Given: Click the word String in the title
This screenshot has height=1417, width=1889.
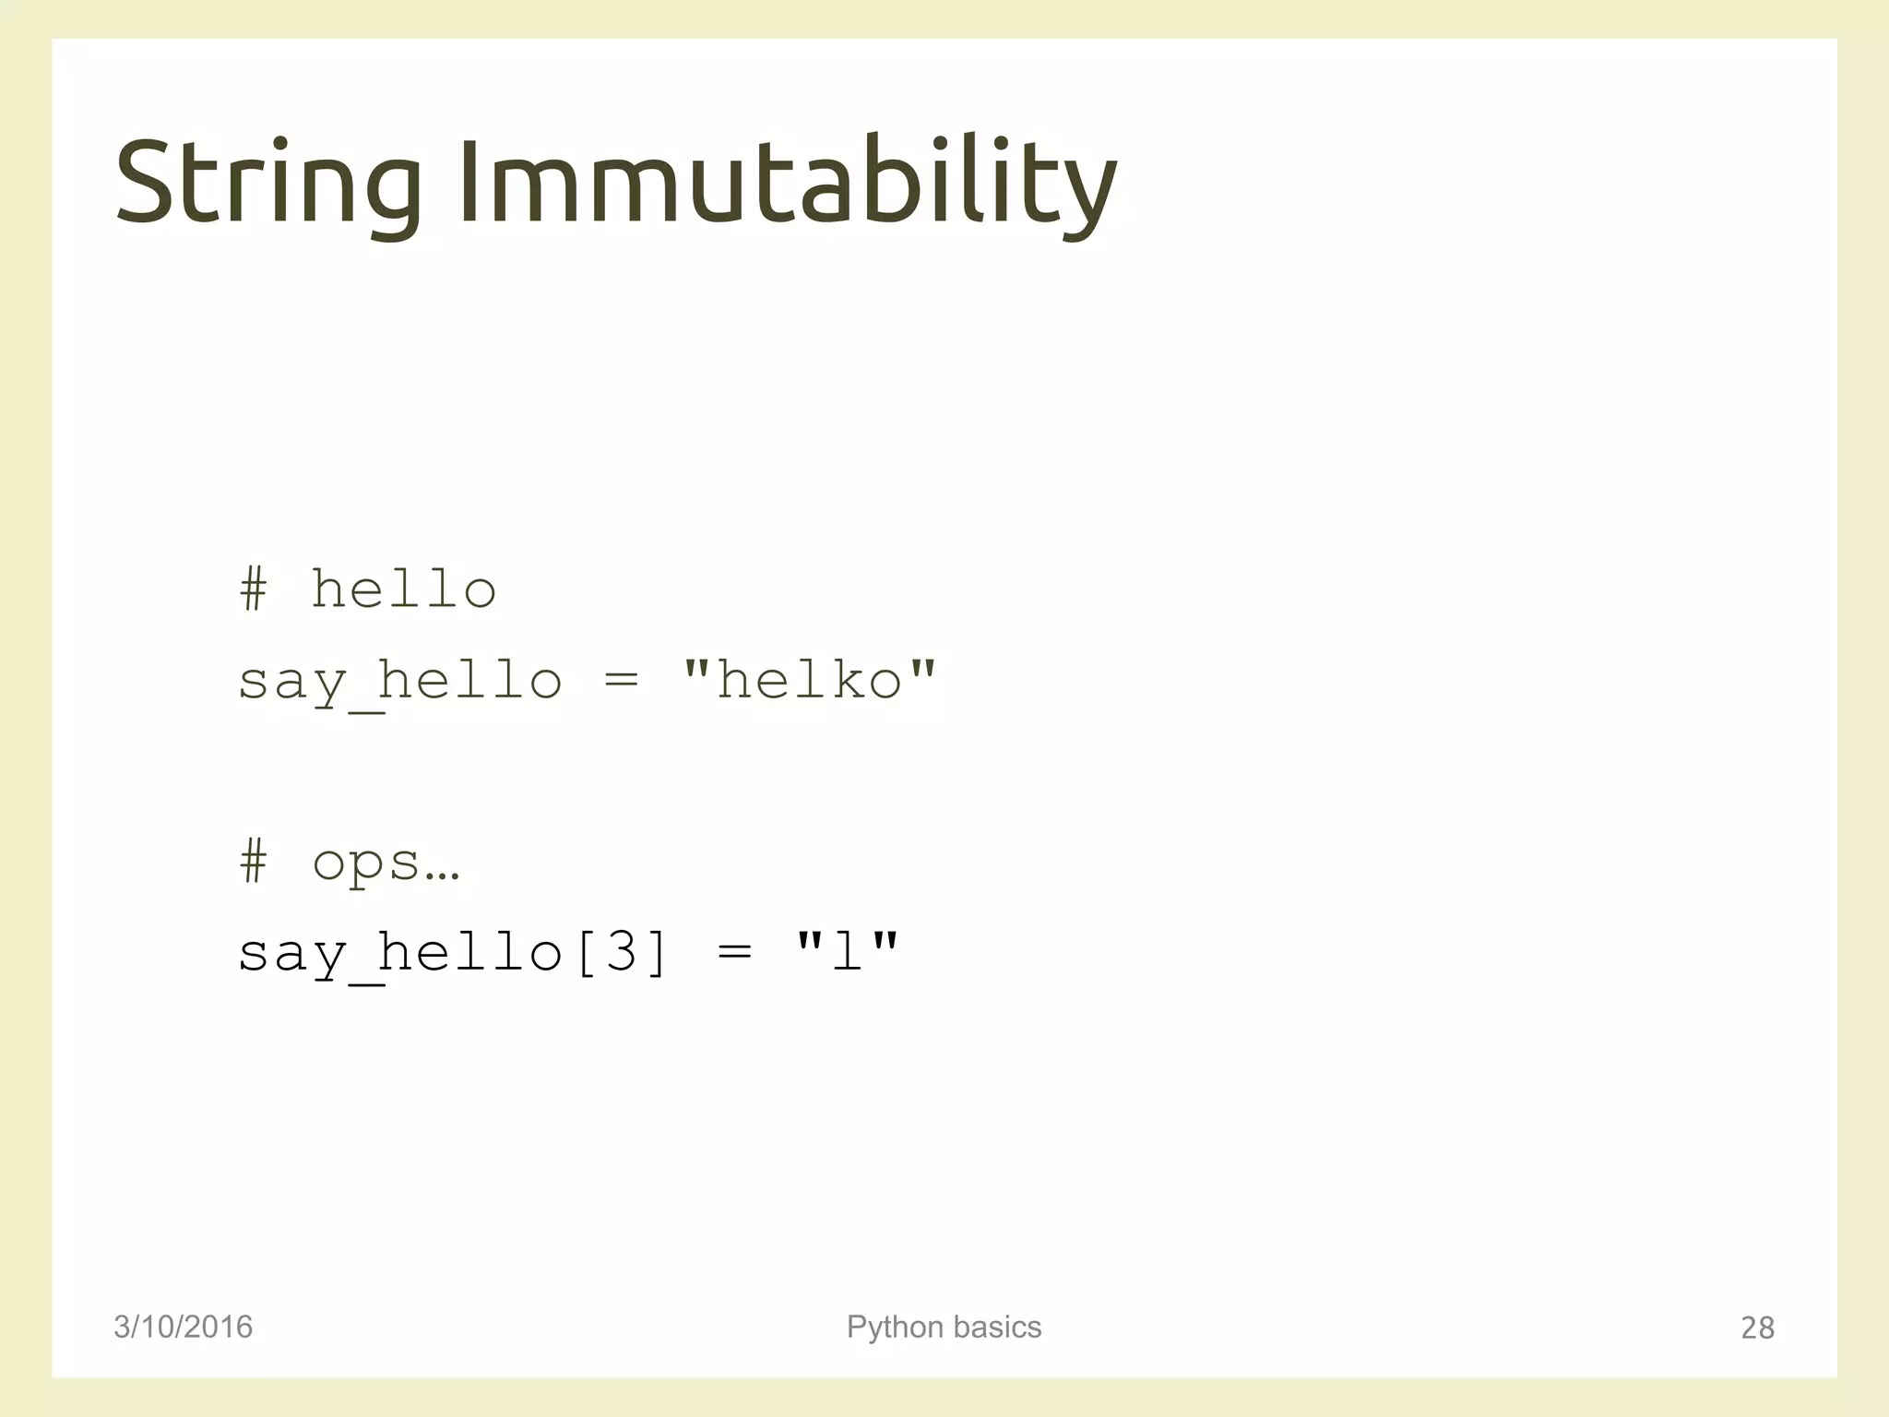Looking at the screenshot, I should [268, 182].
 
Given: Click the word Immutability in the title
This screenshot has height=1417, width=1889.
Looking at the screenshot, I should [788, 182].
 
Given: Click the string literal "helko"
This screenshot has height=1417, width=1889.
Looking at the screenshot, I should [809, 681].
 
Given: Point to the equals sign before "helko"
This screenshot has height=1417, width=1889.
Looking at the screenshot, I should [621, 681].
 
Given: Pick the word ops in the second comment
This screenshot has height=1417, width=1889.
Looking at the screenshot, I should [366, 863].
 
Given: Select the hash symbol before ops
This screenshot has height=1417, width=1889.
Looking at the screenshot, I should [254, 862].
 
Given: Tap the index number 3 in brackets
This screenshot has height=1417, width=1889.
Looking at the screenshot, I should [621, 951].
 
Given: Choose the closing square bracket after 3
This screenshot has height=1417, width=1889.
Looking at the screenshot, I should [656, 952].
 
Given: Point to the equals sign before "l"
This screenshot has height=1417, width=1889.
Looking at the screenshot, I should [734, 951].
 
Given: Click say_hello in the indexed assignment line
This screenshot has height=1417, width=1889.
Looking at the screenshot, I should [400, 953].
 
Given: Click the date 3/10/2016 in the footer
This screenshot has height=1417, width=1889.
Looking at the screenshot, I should [183, 1327].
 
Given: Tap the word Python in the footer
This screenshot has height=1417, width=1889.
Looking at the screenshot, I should [896, 1328].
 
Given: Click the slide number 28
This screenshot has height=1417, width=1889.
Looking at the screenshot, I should [1757, 1328].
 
